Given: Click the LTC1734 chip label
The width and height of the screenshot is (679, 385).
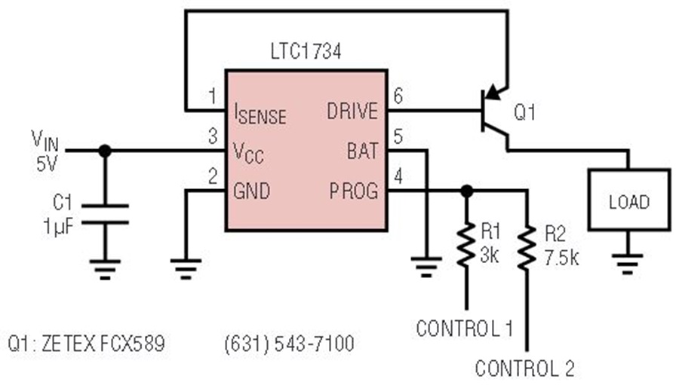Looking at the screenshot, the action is point(306,51).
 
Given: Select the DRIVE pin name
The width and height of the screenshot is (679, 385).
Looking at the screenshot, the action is point(352,112).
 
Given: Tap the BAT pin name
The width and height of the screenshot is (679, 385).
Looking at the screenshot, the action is point(362,151).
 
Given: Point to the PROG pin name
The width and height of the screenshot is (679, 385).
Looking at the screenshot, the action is point(353,191).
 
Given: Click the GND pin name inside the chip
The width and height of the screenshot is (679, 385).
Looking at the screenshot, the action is point(251,191).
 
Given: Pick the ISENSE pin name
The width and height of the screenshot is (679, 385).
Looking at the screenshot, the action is point(260,114).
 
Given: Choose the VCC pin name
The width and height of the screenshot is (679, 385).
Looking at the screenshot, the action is point(248,153).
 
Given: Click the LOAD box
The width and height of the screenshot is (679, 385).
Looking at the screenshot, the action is point(628,200).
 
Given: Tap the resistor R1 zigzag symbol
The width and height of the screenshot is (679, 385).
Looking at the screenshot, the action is point(466,245).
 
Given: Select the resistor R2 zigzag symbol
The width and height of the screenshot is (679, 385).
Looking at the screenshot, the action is point(527,249).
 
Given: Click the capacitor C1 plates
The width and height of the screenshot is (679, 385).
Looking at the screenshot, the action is point(105,215).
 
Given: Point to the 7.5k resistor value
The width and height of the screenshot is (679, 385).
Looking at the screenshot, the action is point(561,258).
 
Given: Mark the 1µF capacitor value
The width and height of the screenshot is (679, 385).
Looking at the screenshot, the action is point(58,226).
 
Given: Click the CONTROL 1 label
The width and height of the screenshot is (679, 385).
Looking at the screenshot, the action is point(465,328).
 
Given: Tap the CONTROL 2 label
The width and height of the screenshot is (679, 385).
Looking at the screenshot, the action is point(525,368).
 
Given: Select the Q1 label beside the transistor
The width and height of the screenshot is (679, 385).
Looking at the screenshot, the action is point(524,112).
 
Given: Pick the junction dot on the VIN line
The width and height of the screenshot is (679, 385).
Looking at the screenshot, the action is point(105,151).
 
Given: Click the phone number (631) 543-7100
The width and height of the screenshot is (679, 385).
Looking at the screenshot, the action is point(289,344).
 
